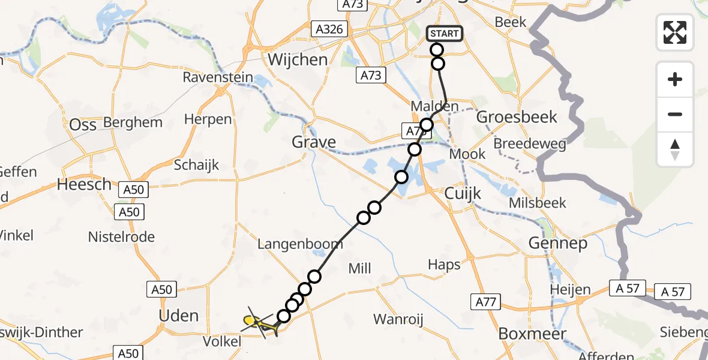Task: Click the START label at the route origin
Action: tap(445, 34)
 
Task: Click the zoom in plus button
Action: tap(675, 79)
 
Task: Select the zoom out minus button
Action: tap(675, 115)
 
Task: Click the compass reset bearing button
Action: tap(675, 149)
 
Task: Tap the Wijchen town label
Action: tap(298, 60)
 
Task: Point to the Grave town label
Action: tap(313, 142)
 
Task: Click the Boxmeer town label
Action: tap(532, 333)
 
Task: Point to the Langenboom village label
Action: tap(300, 244)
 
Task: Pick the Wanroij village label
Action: tap(398, 319)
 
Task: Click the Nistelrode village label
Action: tap(121, 237)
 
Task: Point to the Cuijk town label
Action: tap(463, 193)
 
